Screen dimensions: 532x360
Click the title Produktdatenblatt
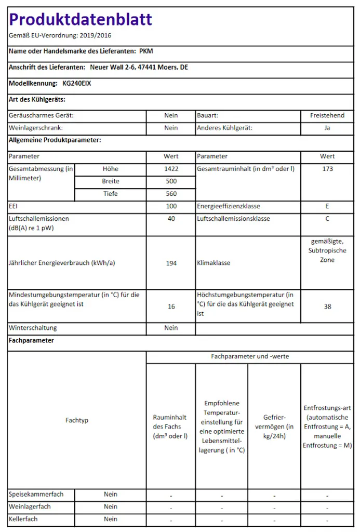coord(81,20)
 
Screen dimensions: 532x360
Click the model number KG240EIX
coord(77,83)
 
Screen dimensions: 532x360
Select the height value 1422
coord(171,169)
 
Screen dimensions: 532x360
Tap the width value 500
coord(171,181)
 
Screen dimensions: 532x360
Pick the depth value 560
coord(171,194)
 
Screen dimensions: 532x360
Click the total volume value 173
coord(327,169)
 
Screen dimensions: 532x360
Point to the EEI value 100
coord(171,206)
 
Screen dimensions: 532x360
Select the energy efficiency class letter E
coord(327,206)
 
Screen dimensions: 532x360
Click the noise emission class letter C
coord(327,219)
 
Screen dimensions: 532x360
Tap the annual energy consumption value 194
coord(171,263)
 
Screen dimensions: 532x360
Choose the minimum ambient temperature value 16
coord(171,307)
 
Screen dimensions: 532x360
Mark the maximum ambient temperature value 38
coord(327,307)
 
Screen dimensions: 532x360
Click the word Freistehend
coord(327,115)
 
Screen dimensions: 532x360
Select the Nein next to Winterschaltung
coord(171,328)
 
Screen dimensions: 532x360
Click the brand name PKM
coord(146,51)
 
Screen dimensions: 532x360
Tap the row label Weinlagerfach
coord(30,507)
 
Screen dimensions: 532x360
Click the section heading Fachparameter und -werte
coord(250,356)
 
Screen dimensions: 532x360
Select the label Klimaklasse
coord(214,263)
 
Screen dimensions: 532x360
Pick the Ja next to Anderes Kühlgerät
coord(327,128)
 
